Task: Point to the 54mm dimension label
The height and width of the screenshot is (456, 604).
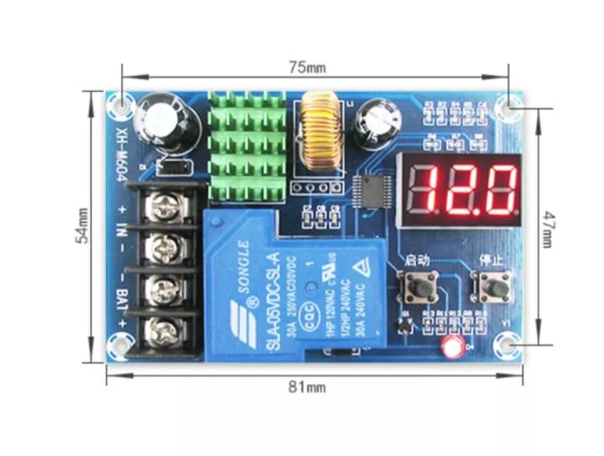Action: pos(82,225)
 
